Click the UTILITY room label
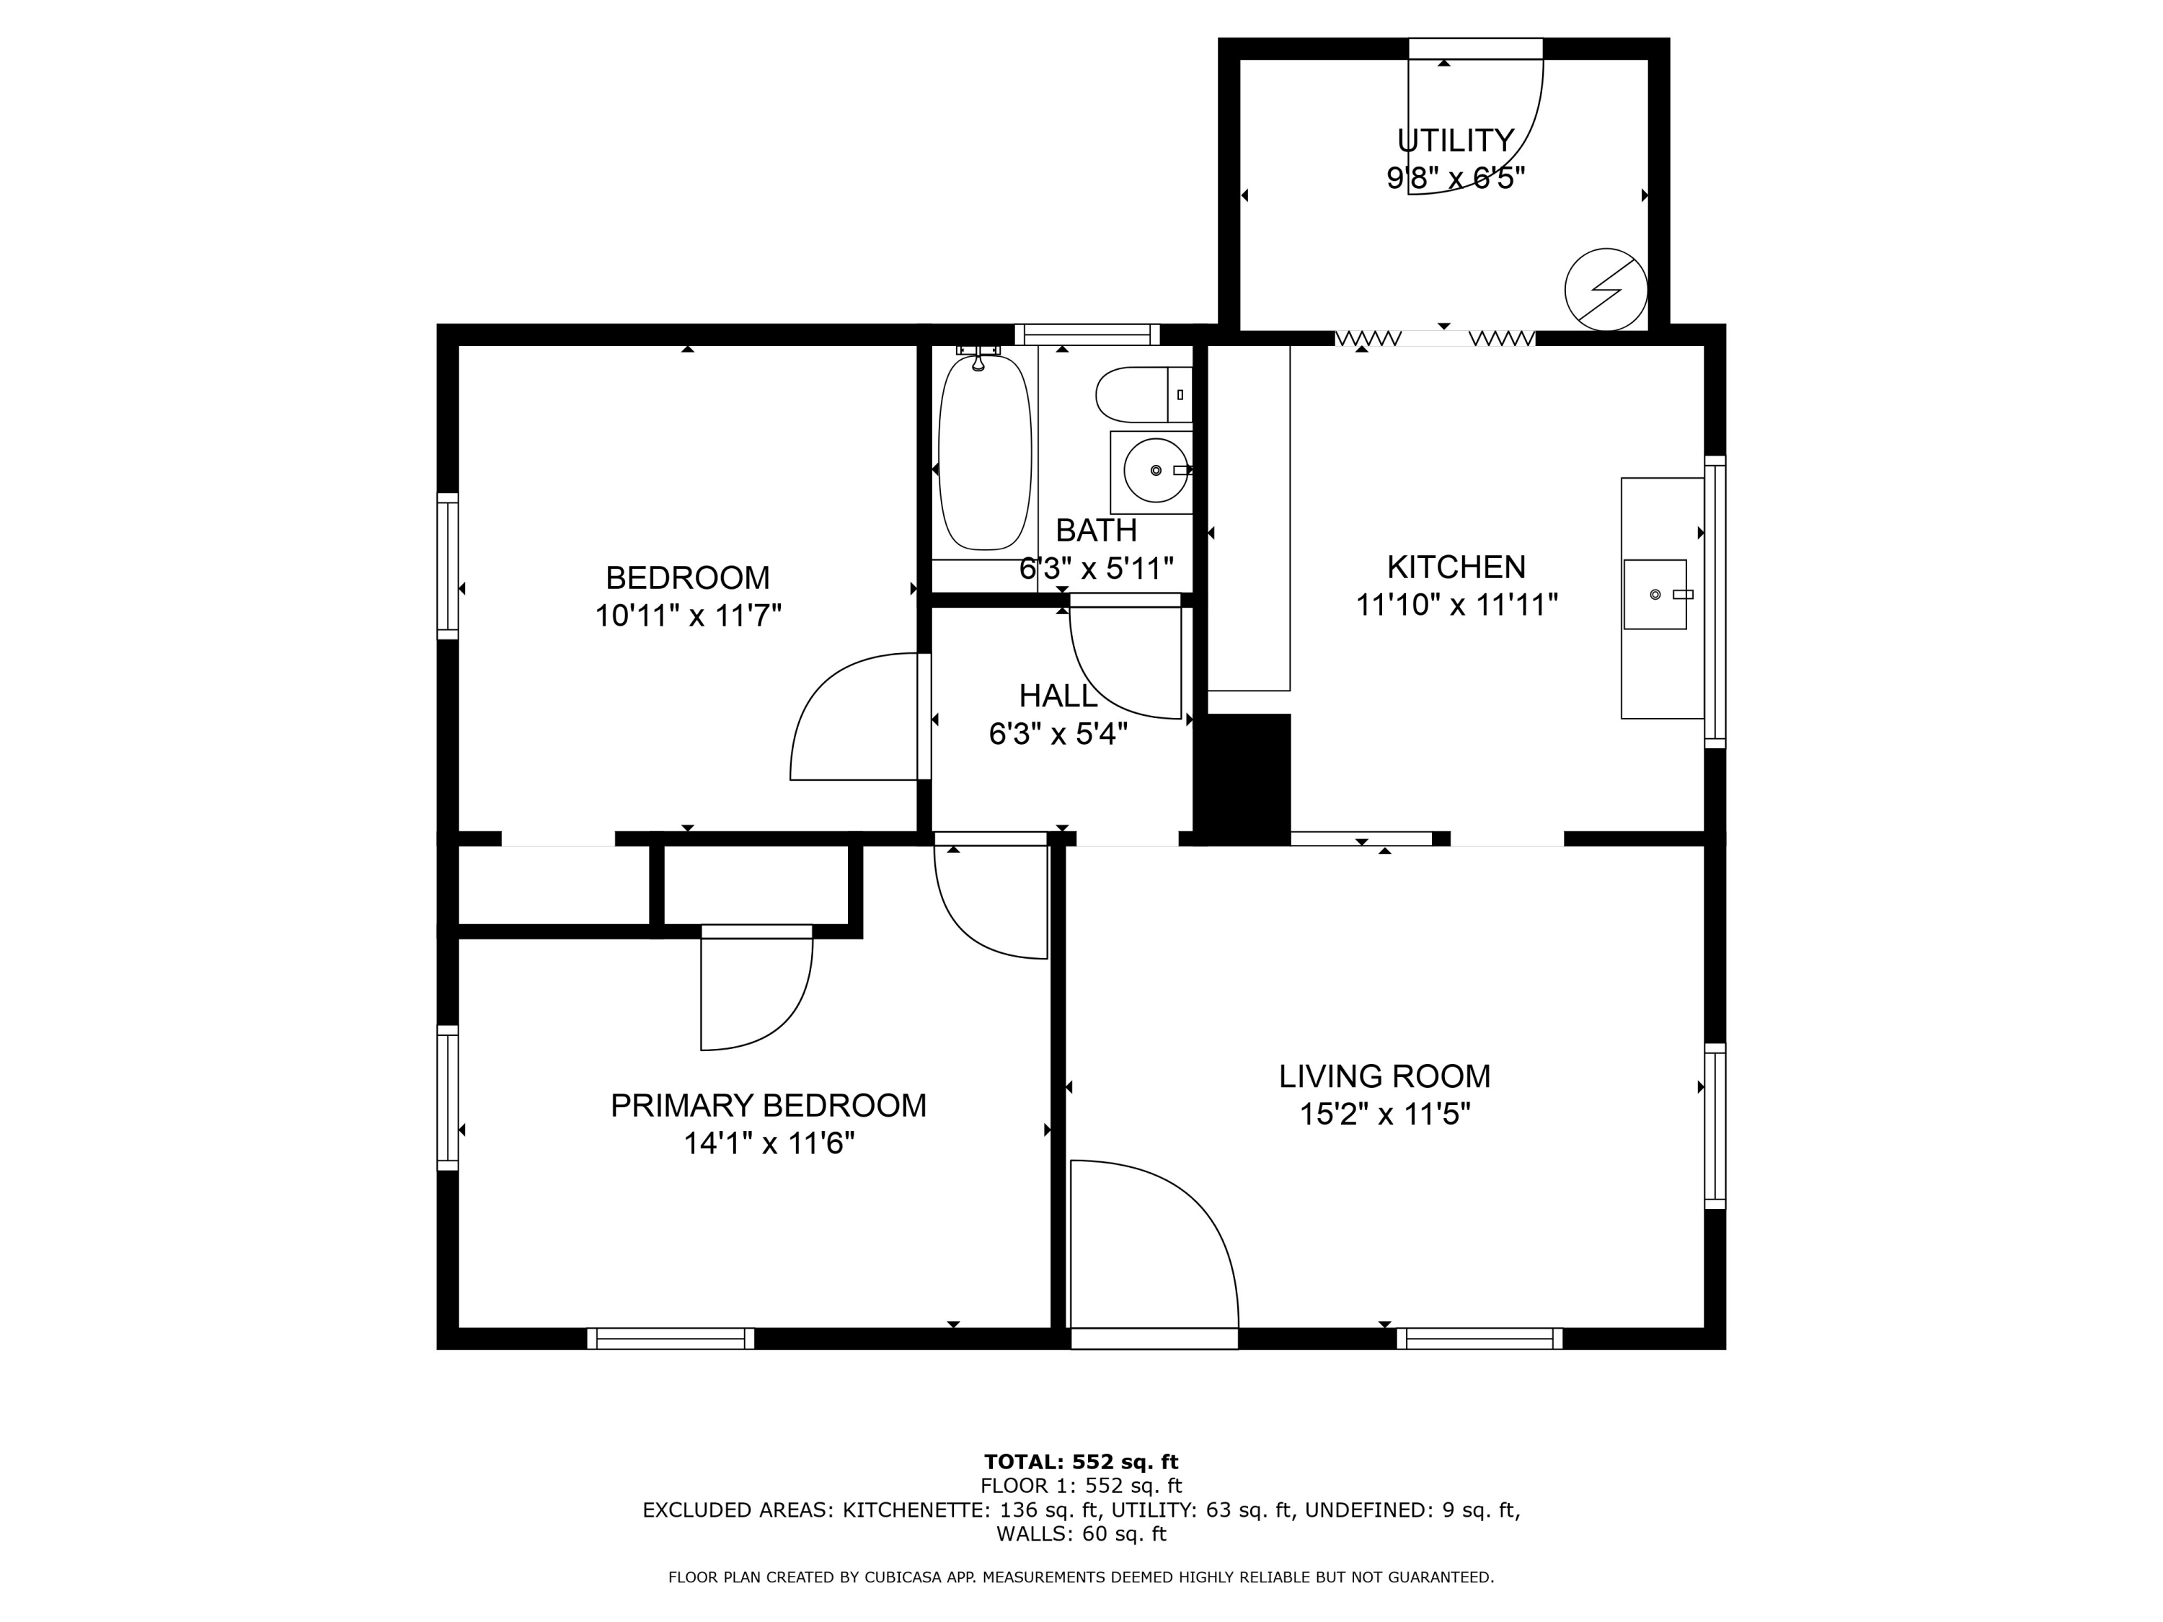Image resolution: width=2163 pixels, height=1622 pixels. [1456, 141]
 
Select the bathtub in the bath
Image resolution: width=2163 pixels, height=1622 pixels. [985, 453]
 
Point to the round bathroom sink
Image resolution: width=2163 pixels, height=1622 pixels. [1156, 470]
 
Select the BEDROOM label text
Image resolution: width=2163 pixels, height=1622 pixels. [687, 578]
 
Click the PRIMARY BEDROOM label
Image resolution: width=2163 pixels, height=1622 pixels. [769, 1106]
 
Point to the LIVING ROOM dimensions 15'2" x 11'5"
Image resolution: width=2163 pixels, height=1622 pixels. [1384, 1114]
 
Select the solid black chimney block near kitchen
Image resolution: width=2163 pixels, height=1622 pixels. [1249, 779]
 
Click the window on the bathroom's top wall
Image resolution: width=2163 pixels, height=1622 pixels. [1087, 334]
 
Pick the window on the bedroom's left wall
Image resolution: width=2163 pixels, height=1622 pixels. [447, 566]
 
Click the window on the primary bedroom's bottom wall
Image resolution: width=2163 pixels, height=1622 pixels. [671, 1339]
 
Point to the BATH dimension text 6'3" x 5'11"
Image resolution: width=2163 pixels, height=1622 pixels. [1096, 568]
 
